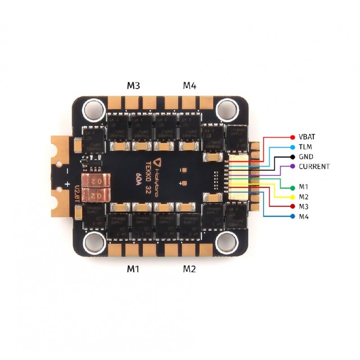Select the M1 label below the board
click(132, 269)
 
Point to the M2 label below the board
click(189, 269)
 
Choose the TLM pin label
click(305, 147)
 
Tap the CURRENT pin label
click(314, 166)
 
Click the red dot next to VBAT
click(293, 137)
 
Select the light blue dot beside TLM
click(293, 147)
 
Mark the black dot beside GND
click(293, 157)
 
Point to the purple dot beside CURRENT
click(293, 166)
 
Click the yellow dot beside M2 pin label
click(293, 197)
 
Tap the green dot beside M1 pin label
click(293, 187)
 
